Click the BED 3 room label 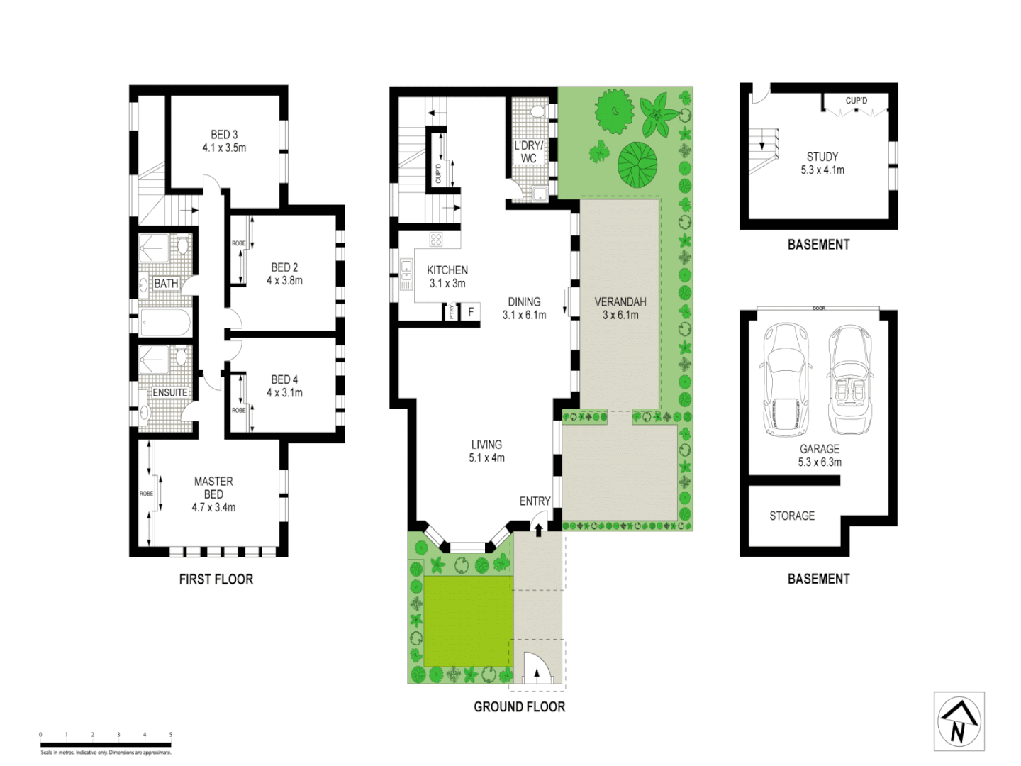coord(224,134)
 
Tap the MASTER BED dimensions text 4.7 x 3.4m coord(213,507)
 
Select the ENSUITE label coord(170,392)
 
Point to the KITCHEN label coord(447,270)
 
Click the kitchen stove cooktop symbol coord(436,240)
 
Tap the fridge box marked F coord(471,312)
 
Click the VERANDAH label coord(620,301)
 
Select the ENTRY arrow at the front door coord(537,528)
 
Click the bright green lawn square coord(467,621)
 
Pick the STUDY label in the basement coord(822,157)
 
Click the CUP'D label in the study coord(856,101)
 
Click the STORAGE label coord(792,516)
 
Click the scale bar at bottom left coord(106,745)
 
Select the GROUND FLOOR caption coord(519,706)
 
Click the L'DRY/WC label coord(528,152)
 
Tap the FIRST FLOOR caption coord(216,579)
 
